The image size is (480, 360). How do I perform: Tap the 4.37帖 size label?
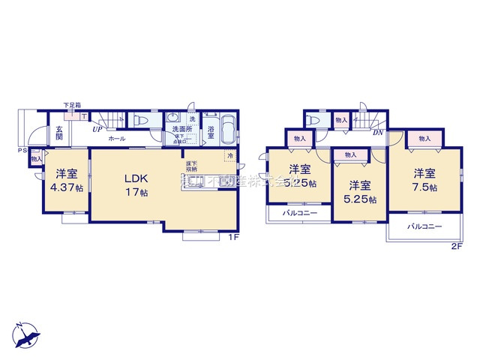[x=67, y=187]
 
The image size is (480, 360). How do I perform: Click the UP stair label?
[x=97, y=129]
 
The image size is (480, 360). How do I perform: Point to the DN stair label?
[x=379, y=132]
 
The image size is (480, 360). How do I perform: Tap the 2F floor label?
[x=455, y=245]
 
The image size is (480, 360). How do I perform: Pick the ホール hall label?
[x=116, y=139]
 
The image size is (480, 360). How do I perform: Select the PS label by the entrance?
[x=22, y=151]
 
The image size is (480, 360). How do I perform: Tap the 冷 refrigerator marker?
[x=230, y=157]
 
